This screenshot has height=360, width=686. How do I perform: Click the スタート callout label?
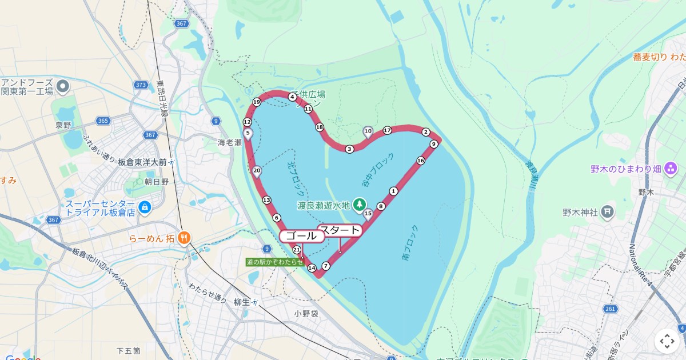coord(340,231)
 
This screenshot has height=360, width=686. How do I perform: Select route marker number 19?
coord(257,102)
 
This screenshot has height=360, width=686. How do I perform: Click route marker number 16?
coord(421,161)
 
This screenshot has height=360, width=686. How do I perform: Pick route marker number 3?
coord(349,149)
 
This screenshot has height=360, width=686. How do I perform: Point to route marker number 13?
coord(266,200)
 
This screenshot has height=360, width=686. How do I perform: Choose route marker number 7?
coord(326,266)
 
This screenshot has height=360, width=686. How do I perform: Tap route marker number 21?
coord(297,250)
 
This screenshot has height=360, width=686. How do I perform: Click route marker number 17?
coord(387,130)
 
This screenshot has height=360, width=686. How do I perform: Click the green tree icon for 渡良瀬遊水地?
coord(360,204)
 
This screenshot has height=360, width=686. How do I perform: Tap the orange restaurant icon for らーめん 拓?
coord(184,237)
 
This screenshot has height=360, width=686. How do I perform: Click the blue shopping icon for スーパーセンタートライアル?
coord(145,207)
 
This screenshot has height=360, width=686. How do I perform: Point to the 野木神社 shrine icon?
coord(607,213)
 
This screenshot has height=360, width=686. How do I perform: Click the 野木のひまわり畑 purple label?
coord(626,169)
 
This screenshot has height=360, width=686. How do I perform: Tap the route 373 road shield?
coord(141,85)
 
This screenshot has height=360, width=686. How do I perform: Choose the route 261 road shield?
coord(610,309)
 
